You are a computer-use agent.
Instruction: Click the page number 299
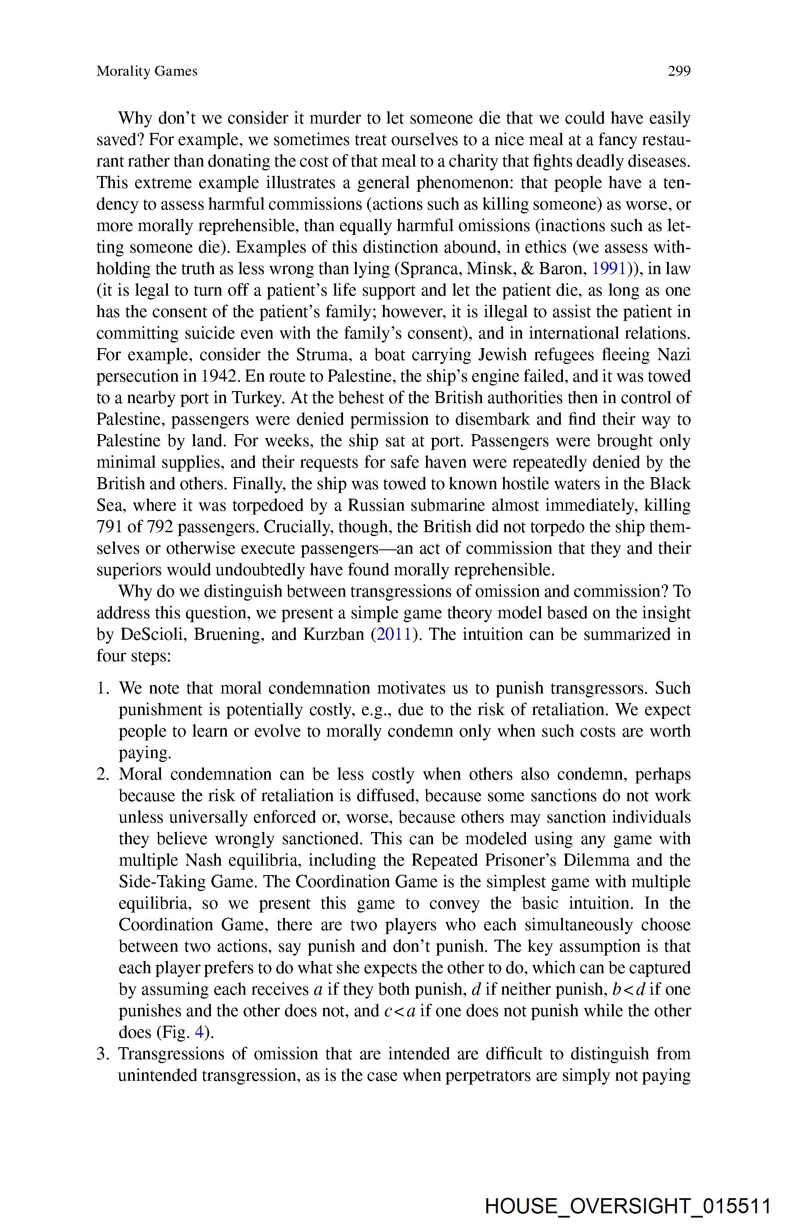pyautogui.click(x=679, y=71)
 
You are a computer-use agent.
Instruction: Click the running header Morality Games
pyautogui.click(x=147, y=71)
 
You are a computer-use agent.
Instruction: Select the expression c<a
pyautogui.click(x=399, y=1011)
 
